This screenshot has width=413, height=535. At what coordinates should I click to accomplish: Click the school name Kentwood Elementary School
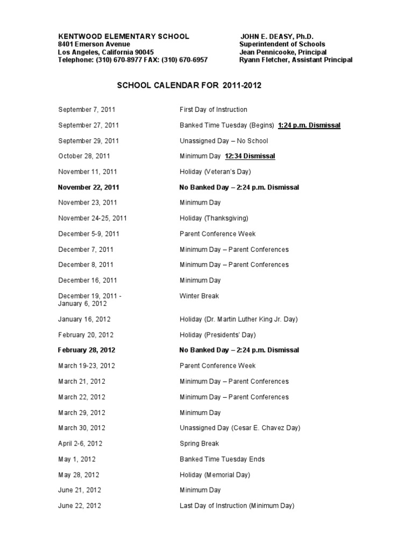(123, 36)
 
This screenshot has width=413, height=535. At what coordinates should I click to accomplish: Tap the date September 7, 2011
(87, 110)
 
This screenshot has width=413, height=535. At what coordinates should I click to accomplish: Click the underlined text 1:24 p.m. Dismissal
(309, 125)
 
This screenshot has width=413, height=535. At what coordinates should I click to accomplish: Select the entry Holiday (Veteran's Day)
(215, 172)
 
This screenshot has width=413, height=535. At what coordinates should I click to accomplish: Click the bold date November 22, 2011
(89, 187)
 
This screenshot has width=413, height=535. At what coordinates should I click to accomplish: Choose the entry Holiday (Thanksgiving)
(214, 219)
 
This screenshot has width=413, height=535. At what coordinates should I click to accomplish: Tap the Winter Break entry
(199, 296)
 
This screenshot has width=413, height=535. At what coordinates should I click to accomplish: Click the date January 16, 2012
(84, 319)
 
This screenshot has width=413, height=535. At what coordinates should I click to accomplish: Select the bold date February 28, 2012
(87, 350)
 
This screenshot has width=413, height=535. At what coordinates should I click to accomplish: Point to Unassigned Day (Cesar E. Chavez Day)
(240, 428)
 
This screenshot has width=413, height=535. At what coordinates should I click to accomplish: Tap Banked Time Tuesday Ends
(222, 459)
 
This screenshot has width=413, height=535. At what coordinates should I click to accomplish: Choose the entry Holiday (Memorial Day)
(215, 475)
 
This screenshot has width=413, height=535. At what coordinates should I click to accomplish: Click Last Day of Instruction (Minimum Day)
(237, 506)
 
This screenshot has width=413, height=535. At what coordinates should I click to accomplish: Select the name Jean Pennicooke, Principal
(283, 52)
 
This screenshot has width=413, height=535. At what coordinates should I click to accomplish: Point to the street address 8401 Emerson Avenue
(94, 44)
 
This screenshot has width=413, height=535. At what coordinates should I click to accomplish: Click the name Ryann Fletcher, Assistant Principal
(296, 60)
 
